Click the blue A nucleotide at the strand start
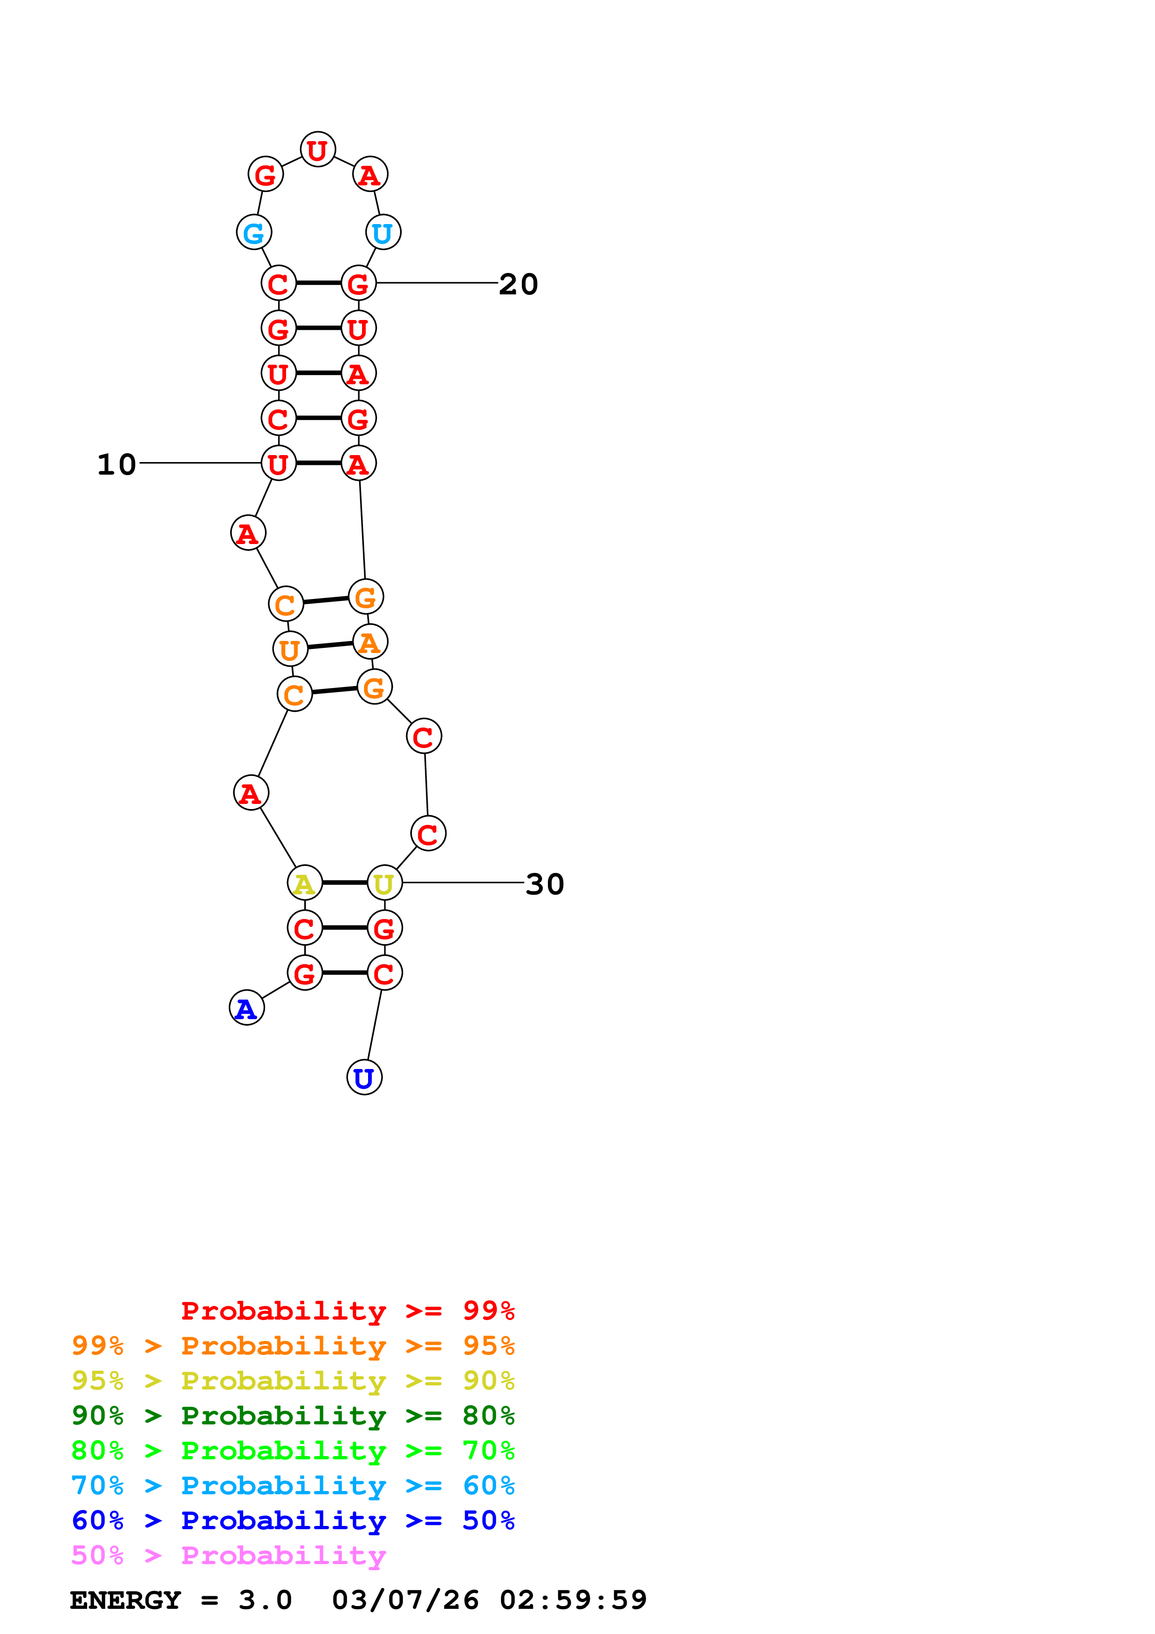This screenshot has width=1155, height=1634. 246,1008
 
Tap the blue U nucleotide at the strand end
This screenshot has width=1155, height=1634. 364,1077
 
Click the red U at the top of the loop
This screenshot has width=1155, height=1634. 317,150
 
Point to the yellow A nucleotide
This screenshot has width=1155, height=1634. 305,883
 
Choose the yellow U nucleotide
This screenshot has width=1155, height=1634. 384,883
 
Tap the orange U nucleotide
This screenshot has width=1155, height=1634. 290,649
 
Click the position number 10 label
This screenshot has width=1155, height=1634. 116,464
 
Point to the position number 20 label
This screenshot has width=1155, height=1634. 518,284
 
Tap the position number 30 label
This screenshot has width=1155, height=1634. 544,884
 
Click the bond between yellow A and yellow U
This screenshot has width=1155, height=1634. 344,883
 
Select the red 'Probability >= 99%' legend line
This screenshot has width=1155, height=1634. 347,1310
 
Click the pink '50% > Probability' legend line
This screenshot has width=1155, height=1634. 228,1554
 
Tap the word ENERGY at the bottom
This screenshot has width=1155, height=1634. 125,1600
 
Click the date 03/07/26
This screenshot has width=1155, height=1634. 405,1600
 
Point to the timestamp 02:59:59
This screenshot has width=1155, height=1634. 573,1600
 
